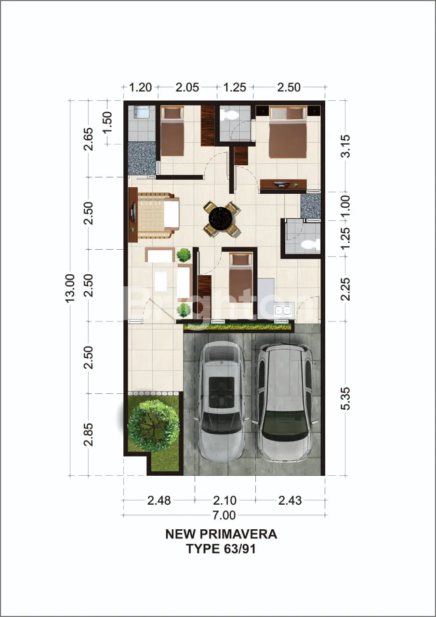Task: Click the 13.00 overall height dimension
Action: coord(70,288)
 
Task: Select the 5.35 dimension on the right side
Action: coord(345,398)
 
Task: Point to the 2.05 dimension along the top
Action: coord(187,88)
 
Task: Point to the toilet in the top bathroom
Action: coord(231,115)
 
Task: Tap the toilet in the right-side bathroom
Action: coord(310,244)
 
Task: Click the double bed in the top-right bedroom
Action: coord(288,133)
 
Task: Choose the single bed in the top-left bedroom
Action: coord(172,131)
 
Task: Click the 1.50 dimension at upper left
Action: coord(108,122)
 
